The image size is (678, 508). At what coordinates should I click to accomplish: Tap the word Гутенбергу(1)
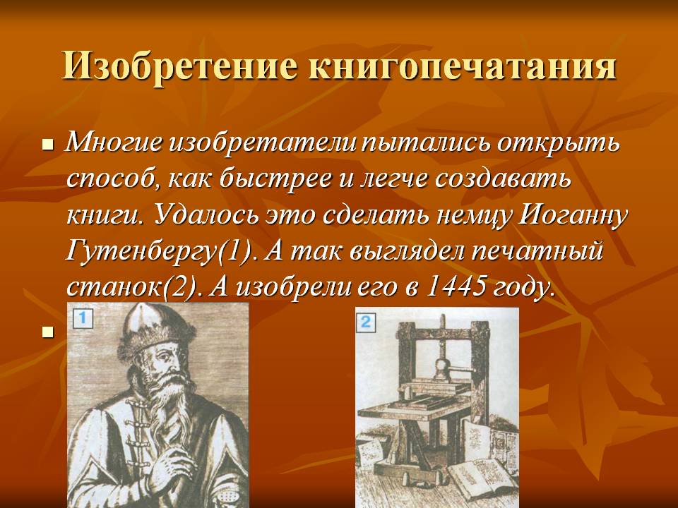click(x=159, y=251)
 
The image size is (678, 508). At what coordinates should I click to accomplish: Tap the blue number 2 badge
click(x=366, y=322)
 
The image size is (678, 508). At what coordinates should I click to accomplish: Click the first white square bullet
click(x=48, y=145)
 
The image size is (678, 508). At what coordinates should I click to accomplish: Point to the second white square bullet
click(x=48, y=332)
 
